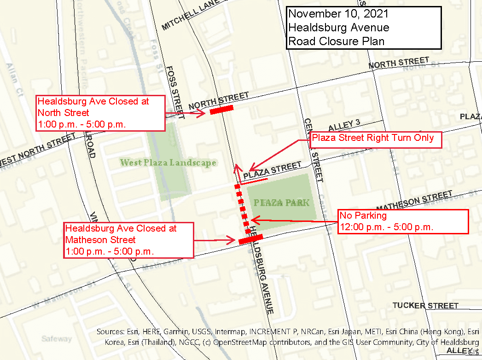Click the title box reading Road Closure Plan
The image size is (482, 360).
363,28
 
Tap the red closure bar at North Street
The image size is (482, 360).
221,110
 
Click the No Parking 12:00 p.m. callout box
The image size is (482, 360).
403,221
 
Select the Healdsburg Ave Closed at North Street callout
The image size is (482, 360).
100,113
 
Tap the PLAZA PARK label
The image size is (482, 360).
281,203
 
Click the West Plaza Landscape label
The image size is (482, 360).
168,163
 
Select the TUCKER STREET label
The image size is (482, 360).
425,306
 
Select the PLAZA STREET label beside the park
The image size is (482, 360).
273,171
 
